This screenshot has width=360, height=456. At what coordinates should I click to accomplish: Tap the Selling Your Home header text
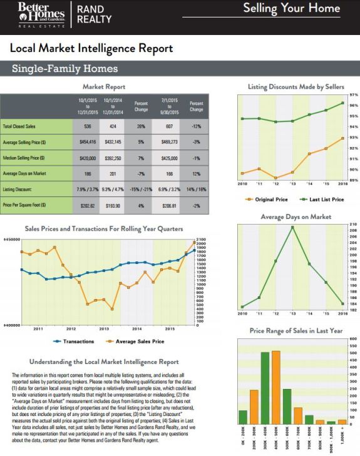(291, 9)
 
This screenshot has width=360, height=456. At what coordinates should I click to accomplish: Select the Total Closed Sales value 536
(89, 126)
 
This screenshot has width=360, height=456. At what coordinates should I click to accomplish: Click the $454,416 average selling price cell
(89, 141)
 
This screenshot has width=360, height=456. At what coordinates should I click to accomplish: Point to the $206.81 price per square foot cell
(170, 204)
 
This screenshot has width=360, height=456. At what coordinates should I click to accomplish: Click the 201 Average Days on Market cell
(113, 173)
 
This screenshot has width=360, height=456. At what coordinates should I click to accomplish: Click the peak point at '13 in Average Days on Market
(292, 227)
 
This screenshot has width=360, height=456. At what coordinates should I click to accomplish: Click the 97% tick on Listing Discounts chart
(353, 94)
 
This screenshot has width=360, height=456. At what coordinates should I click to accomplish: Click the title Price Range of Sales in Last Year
(296, 330)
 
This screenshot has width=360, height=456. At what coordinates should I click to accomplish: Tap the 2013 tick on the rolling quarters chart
(103, 328)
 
